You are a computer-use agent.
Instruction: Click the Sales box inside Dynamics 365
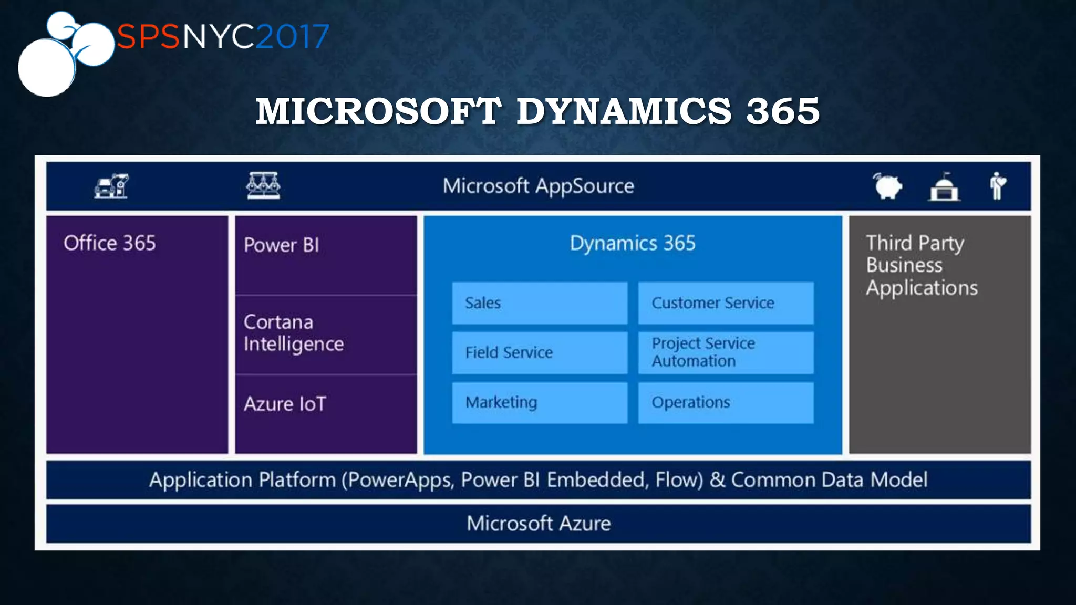pos(540,303)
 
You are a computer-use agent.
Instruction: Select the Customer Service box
pos(725,303)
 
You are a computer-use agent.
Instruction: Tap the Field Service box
pos(540,352)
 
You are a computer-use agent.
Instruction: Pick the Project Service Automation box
pos(725,352)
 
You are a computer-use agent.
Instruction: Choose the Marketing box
pos(540,402)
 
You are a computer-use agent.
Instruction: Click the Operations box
pos(725,402)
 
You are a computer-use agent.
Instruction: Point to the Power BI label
pos(282,245)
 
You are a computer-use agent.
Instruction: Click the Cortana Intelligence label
pos(294,333)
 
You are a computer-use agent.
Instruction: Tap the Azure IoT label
pos(285,404)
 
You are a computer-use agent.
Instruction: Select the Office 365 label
pos(110,243)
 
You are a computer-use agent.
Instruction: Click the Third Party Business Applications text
pos(922,265)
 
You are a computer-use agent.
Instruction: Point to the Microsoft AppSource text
pos(538,186)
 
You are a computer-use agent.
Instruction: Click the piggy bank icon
pos(887,186)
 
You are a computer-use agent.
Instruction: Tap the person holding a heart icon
pos(997,186)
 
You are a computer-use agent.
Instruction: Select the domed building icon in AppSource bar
pos(944,187)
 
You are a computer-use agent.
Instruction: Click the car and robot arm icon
pos(111,186)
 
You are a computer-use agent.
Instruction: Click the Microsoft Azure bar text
pos(538,523)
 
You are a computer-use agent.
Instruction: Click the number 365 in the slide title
pos(782,111)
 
